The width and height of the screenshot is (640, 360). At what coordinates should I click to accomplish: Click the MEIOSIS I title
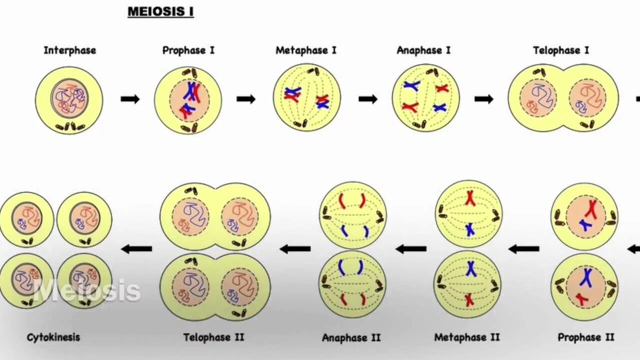coord(160,11)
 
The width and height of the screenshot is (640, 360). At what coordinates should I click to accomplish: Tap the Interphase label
coord(69,50)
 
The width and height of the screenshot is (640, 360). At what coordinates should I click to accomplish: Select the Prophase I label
coord(188,50)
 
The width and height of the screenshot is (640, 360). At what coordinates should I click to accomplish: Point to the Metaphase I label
coord(306,50)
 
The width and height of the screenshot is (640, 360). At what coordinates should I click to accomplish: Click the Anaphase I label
coord(423,50)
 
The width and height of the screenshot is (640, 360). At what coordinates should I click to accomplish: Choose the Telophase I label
coord(560,50)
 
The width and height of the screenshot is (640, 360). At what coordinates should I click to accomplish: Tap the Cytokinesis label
coord(53,337)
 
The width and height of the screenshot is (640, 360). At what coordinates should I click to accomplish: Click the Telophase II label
coord(213,337)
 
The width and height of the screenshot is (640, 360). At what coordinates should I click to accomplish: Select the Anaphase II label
coord(351,337)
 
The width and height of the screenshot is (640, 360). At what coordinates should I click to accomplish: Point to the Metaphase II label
coord(467,337)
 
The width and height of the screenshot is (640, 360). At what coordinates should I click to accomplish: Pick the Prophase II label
coord(585,337)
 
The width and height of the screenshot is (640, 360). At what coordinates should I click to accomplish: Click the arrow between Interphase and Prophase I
coord(130,99)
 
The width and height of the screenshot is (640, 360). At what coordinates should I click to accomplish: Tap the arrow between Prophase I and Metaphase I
coord(246,99)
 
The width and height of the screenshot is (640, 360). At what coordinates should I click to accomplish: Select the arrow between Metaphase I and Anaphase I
coord(368,99)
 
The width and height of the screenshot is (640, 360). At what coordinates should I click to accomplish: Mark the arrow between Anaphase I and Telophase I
coord(483,99)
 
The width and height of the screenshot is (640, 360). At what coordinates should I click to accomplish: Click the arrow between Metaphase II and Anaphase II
coord(411,248)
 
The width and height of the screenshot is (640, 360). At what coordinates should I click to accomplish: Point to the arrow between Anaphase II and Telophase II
coord(295,248)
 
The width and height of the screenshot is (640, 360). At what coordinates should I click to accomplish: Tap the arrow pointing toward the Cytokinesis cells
coord(136,248)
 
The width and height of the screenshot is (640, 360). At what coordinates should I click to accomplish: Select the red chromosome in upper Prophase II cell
coord(592,209)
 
